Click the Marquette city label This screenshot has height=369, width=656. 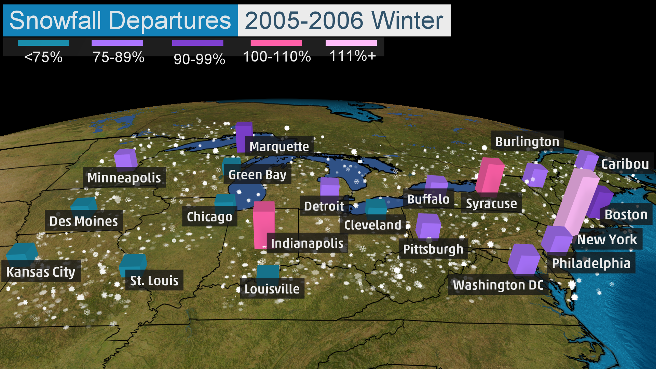point(279,147)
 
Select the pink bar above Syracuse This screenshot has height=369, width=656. point(490,175)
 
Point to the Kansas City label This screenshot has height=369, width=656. point(41,272)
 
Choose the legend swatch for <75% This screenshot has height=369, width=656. point(43,43)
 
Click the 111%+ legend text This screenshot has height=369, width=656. point(352,56)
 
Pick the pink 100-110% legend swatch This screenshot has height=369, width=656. point(276,43)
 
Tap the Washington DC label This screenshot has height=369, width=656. point(498,285)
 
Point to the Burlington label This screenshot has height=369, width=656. point(527,141)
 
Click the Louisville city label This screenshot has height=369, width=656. point(272,289)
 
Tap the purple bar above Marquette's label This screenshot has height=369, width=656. point(244,136)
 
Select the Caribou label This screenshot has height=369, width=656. point(625,164)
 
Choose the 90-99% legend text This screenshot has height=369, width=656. point(199,59)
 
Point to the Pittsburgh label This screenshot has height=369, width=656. point(433,249)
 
